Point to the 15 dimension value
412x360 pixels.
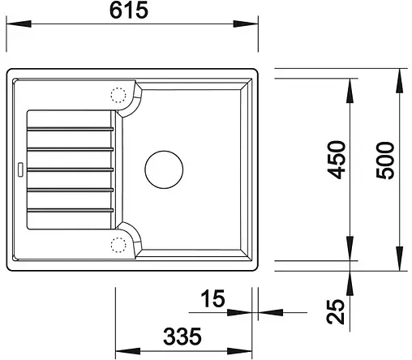[x=212, y=299]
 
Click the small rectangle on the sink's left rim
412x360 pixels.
[x=19, y=169]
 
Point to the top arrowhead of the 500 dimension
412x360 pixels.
[x=401, y=75]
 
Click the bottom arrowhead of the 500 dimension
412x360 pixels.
[x=401, y=264]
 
